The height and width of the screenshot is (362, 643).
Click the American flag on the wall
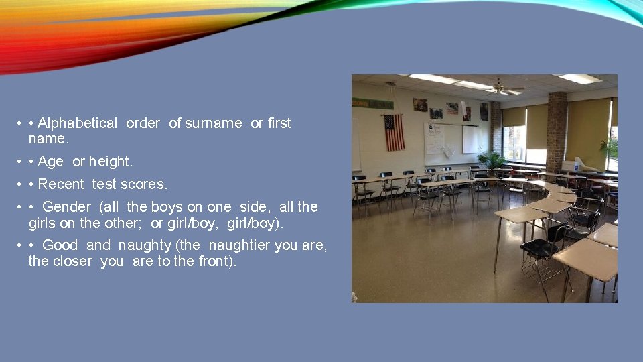point(394,132)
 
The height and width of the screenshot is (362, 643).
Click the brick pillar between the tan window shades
point(556,131)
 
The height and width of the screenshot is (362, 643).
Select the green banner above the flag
point(372,103)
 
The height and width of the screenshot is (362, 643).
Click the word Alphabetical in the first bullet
point(77,123)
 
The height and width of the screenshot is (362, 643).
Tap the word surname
point(214,123)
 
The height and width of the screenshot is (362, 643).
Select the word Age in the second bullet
point(51,162)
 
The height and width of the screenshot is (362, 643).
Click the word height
point(111,162)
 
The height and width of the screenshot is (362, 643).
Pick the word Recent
point(61,184)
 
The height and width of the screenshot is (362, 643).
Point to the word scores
point(143,184)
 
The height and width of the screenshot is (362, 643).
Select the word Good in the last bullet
point(60,245)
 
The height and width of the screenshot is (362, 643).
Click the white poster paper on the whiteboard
point(434,139)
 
